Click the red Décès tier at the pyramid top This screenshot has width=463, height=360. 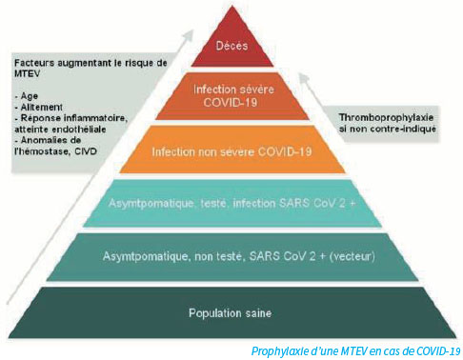(232, 45)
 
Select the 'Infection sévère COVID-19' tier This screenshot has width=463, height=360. (232, 96)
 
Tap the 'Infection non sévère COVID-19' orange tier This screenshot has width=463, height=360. (232, 150)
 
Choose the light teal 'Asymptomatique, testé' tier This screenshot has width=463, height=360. (232, 203)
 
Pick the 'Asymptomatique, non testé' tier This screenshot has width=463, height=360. (232, 257)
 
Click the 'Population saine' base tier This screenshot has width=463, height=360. (232, 312)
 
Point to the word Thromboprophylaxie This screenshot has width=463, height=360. (386, 118)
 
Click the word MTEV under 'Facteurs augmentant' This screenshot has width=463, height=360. (27, 73)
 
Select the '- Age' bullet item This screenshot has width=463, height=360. (27, 96)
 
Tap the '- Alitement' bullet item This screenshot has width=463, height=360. (39, 107)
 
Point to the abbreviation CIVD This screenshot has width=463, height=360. (86, 151)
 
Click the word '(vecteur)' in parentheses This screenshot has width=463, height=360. (352, 256)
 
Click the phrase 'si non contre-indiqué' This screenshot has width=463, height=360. (388, 130)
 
